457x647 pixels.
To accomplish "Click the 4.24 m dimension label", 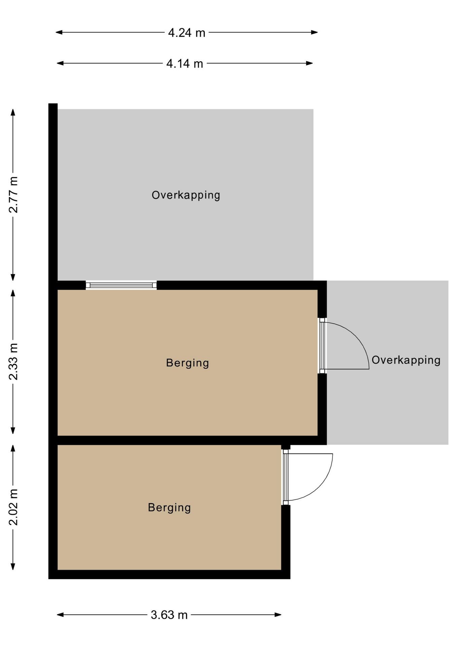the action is point(186,33).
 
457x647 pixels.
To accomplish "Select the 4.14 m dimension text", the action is point(185,63).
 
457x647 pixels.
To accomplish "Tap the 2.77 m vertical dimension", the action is point(13,194).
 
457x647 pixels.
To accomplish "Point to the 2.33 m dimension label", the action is point(13,362).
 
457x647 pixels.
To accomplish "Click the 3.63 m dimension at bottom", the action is point(169,615).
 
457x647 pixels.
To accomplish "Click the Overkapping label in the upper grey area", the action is point(186,195).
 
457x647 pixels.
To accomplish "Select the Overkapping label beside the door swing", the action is point(406,360).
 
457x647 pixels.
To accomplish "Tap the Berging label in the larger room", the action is point(187,363).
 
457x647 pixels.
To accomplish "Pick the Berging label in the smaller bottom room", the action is point(169,507).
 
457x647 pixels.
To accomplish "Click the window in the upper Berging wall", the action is point(121,285).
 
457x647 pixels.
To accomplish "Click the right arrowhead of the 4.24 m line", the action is point(314,32).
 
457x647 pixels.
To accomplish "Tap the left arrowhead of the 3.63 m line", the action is point(60,615).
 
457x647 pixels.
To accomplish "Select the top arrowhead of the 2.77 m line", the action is point(13,113).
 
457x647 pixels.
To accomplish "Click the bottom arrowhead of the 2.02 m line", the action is point(13,566).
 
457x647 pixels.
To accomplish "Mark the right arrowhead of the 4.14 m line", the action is point(309,63).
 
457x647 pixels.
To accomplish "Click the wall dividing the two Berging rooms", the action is point(187,440).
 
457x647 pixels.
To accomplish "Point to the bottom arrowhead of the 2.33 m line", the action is point(13,431).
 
